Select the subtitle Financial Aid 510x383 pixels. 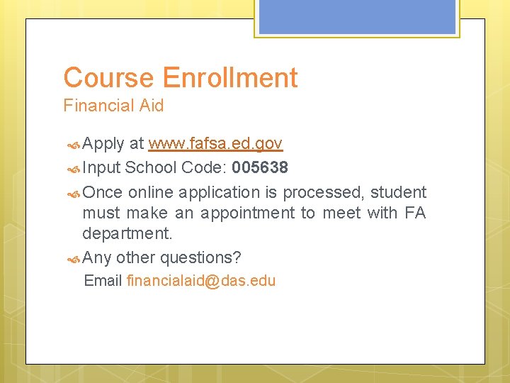tap(113, 106)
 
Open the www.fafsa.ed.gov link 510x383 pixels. tap(215, 144)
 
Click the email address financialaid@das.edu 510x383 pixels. tap(200, 281)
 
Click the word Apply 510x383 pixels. tap(103, 145)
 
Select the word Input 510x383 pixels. tap(101, 168)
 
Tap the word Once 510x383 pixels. tap(102, 192)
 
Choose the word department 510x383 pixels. tap(127, 233)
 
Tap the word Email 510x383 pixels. tap(103, 281)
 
